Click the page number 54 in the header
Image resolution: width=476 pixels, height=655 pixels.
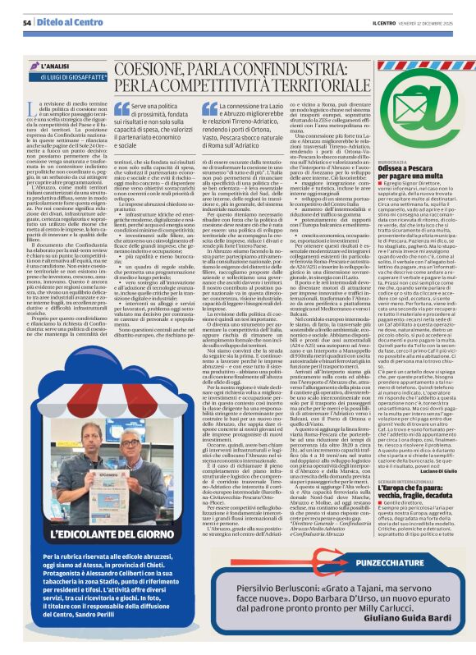[x=27, y=22]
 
